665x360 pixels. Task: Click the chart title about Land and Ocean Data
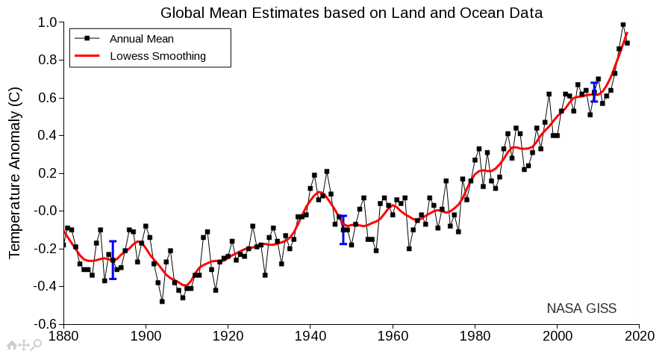pos(352,12)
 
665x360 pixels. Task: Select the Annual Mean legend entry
pos(141,39)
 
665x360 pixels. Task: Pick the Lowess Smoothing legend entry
pos(157,56)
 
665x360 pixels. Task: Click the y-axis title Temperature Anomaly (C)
pos(15,173)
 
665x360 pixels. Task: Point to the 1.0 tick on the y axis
pos(47,23)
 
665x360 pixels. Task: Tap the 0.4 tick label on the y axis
pos(47,136)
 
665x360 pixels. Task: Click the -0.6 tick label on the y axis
pos(46,324)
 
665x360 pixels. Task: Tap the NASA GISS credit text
pos(581,308)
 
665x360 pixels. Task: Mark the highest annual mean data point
pos(623,25)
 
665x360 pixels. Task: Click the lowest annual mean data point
pos(162,301)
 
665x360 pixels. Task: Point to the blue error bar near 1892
pos(113,260)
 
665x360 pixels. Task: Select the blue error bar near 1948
pos(343,229)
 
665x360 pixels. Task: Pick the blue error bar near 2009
pos(594,92)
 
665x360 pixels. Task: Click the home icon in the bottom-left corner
pos(11,345)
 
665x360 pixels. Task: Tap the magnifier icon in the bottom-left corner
pos(36,345)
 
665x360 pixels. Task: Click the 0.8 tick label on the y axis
pos(47,60)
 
